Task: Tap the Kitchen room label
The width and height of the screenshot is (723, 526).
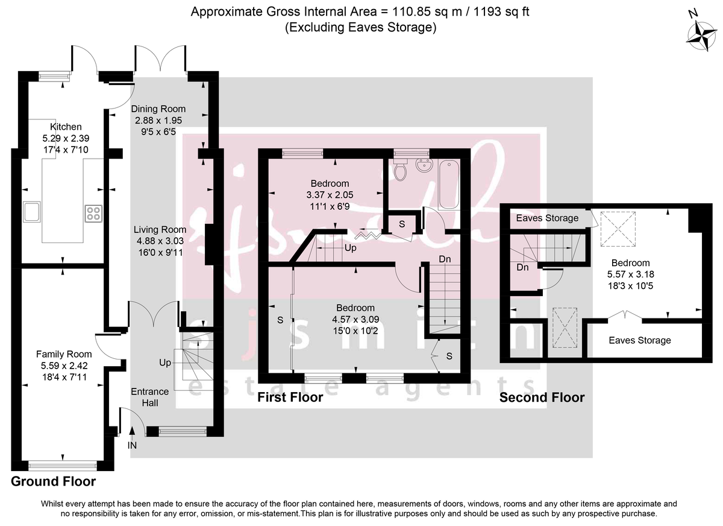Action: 66,127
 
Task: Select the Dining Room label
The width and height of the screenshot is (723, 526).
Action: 158,109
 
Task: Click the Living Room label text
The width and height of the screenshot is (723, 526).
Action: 160,230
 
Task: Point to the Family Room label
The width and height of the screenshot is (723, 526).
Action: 64,354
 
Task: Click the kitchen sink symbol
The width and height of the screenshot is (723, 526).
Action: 32,212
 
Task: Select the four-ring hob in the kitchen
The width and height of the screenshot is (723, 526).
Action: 93,212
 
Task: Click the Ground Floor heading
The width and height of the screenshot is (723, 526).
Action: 53,481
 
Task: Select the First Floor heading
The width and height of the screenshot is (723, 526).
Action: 290,398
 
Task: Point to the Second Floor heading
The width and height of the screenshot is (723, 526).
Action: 542,398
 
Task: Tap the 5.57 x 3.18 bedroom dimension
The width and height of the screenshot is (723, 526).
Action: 630,273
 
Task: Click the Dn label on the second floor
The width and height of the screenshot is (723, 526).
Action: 522,267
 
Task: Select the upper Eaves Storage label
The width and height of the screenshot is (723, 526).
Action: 547,218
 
